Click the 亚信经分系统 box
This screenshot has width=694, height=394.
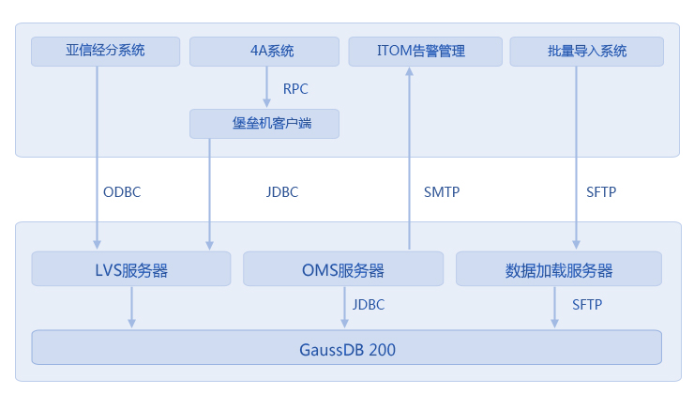105,52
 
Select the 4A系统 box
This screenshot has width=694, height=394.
264,52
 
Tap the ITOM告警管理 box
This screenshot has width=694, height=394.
426,52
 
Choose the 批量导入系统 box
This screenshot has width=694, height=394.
586,52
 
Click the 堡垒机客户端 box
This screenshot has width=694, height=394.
264,124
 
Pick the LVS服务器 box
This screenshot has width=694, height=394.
131,268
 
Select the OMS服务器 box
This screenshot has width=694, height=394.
343,268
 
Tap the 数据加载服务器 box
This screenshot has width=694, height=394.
559,268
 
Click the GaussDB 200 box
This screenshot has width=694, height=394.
347,347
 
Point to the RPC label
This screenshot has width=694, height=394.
295,89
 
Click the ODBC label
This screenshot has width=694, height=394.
122,192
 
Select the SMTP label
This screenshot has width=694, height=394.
442,192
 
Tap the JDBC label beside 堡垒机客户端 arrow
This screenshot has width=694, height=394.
282,192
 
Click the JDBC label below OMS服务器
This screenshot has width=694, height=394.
369,305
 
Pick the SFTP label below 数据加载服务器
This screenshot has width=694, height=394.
587,305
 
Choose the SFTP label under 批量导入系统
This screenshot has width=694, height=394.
601,192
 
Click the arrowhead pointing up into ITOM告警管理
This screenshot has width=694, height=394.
410,71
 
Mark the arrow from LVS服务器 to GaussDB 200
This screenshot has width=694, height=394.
131,308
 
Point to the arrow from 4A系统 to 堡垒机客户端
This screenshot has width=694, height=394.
266,86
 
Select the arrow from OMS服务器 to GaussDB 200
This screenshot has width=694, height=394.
344,308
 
